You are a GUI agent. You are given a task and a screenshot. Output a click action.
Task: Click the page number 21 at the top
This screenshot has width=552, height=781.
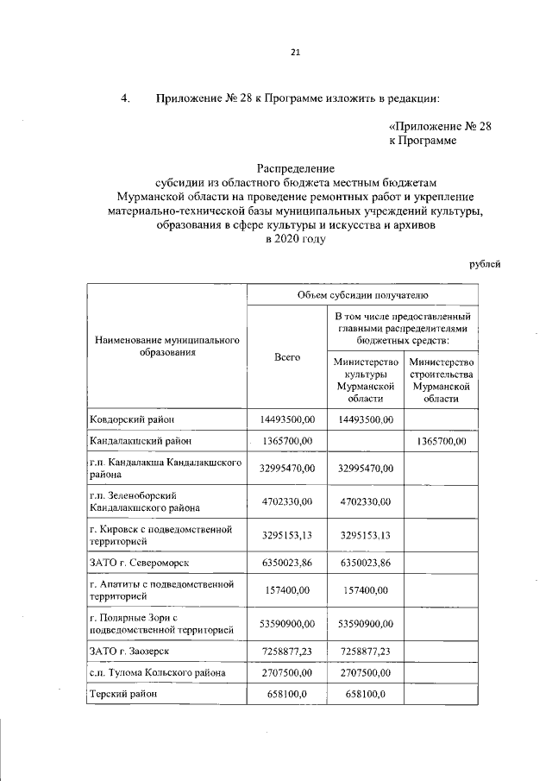tap(295, 53)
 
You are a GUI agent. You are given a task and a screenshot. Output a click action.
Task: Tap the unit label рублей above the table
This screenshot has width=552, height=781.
tap(485, 264)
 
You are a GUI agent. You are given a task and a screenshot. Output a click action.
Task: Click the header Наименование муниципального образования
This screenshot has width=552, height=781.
tap(167, 347)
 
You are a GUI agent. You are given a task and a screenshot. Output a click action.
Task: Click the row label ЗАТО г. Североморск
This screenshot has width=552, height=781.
tap(139, 564)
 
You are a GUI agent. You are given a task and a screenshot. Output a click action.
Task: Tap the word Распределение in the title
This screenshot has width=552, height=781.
tap(295, 167)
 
